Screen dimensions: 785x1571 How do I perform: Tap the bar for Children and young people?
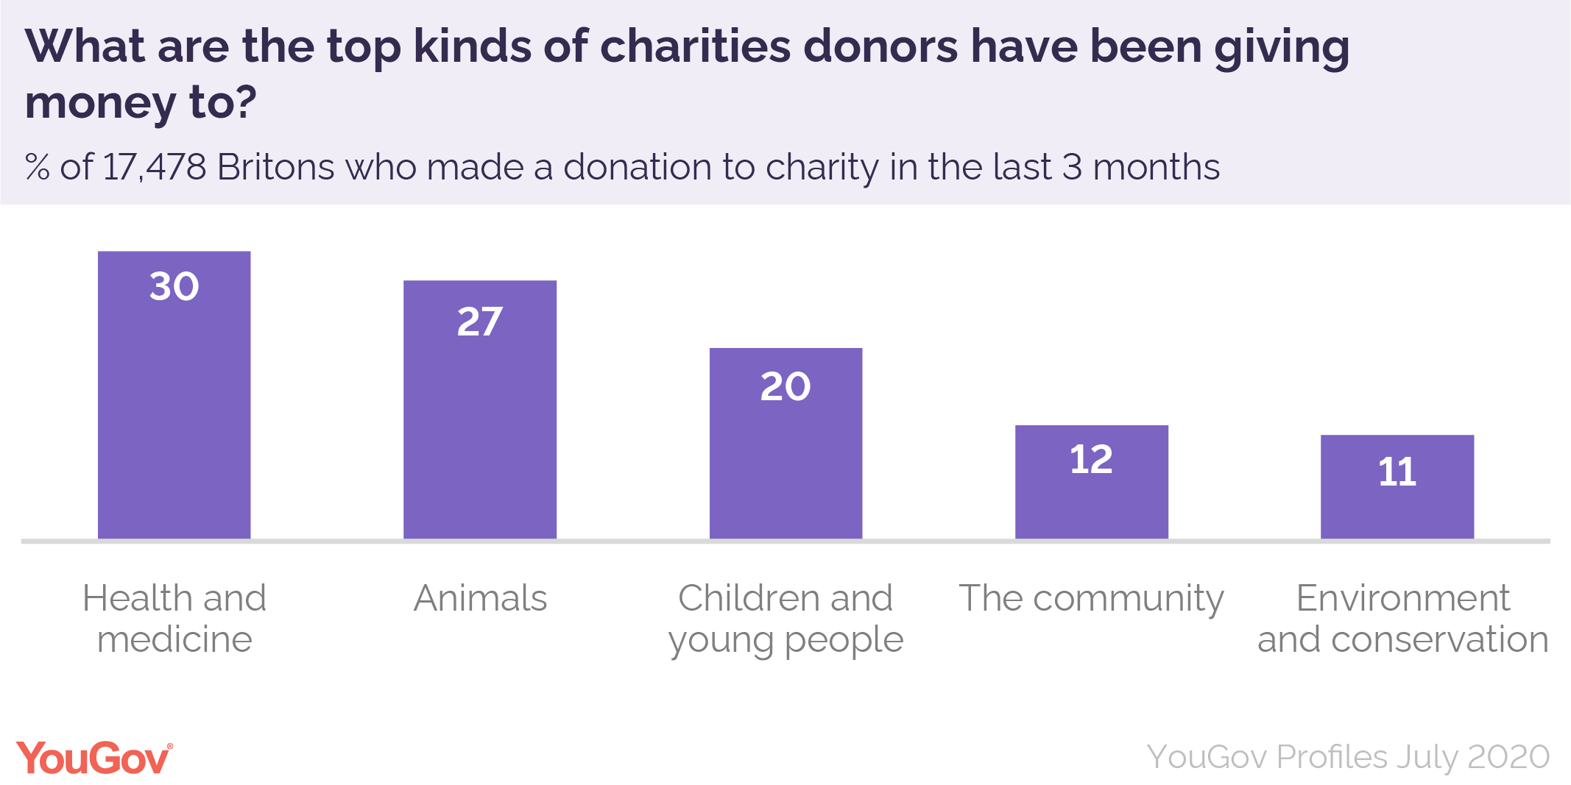pos(785,463)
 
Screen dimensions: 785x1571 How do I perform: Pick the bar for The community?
pos(1091,500)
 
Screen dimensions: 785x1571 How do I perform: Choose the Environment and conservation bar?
pos(1397,508)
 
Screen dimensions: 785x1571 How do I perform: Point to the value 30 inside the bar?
pos(174,286)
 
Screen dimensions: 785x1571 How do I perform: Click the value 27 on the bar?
pos(480,322)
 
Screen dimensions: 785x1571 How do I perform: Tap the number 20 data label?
pos(785,386)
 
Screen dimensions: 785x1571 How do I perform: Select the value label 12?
pos(1091,459)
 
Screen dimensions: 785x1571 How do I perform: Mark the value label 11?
pos(1397,472)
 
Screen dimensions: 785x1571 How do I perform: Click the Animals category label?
pos(480,598)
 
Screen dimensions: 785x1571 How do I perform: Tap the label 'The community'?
pos(1091,598)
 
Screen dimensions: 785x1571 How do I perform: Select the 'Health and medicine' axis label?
pos(174,618)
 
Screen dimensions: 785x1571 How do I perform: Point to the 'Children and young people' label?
pos(785,618)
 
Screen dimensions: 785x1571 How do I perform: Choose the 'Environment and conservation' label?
pos(1402,618)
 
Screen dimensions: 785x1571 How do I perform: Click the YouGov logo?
pos(94,758)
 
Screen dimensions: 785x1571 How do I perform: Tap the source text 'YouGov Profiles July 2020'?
pos(1348,757)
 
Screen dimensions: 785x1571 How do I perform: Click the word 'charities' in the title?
pos(696,46)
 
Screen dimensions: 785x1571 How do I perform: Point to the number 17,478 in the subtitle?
pos(155,167)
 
